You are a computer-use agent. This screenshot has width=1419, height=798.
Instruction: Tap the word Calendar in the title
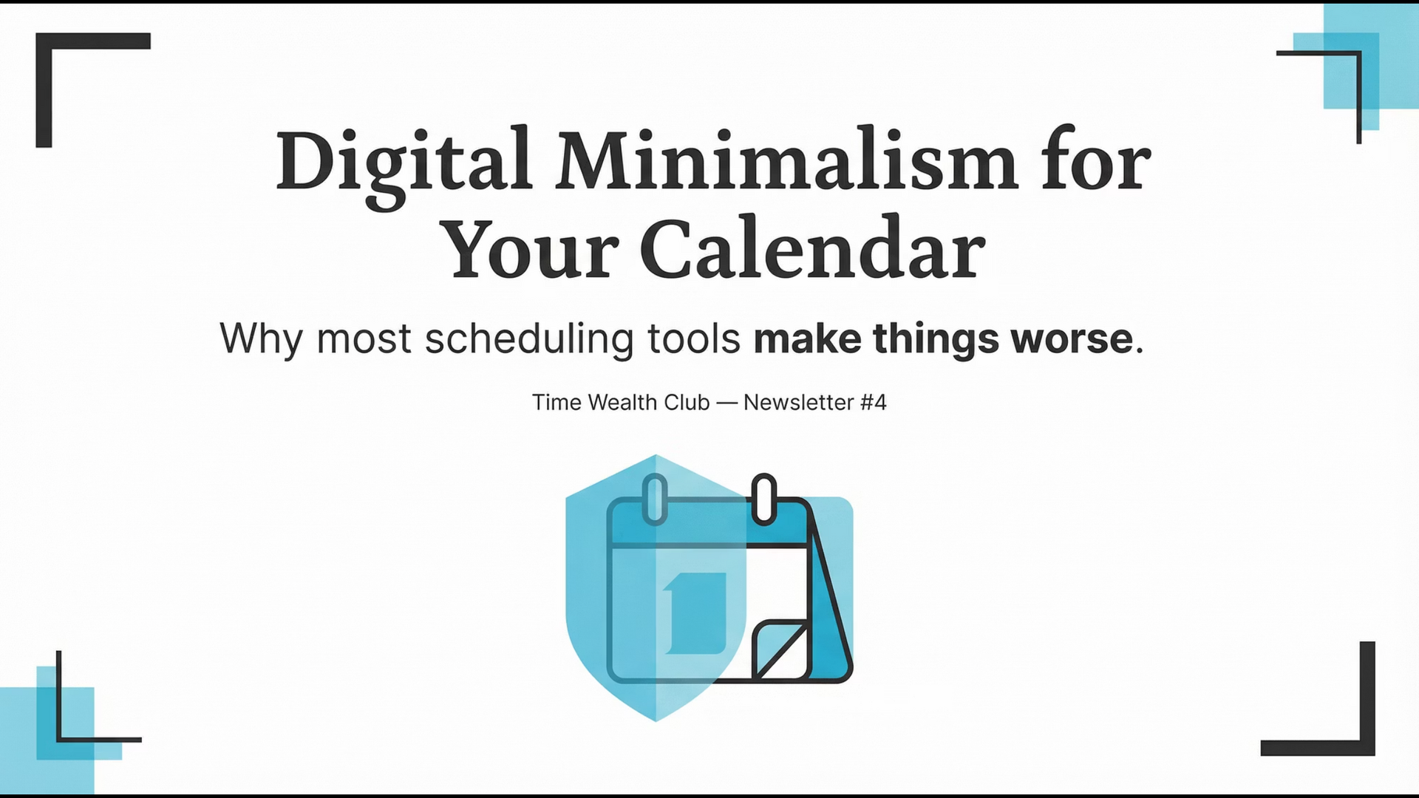[x=812, y=250]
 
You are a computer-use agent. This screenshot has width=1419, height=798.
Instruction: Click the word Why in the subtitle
[x=261, y=339]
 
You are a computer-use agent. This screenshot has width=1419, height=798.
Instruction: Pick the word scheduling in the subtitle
[x=528, y=339]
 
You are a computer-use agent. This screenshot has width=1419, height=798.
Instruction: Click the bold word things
[x=936, y=339]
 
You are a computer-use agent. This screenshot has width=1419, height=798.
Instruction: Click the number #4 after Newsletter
[x=874, y=403]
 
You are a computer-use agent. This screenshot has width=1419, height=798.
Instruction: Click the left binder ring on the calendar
[x=655, y=499]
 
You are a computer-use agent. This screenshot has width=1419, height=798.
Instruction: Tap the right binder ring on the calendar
[x=763, y=499]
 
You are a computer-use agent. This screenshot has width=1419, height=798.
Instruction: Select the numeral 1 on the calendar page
[x=695, y=613]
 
